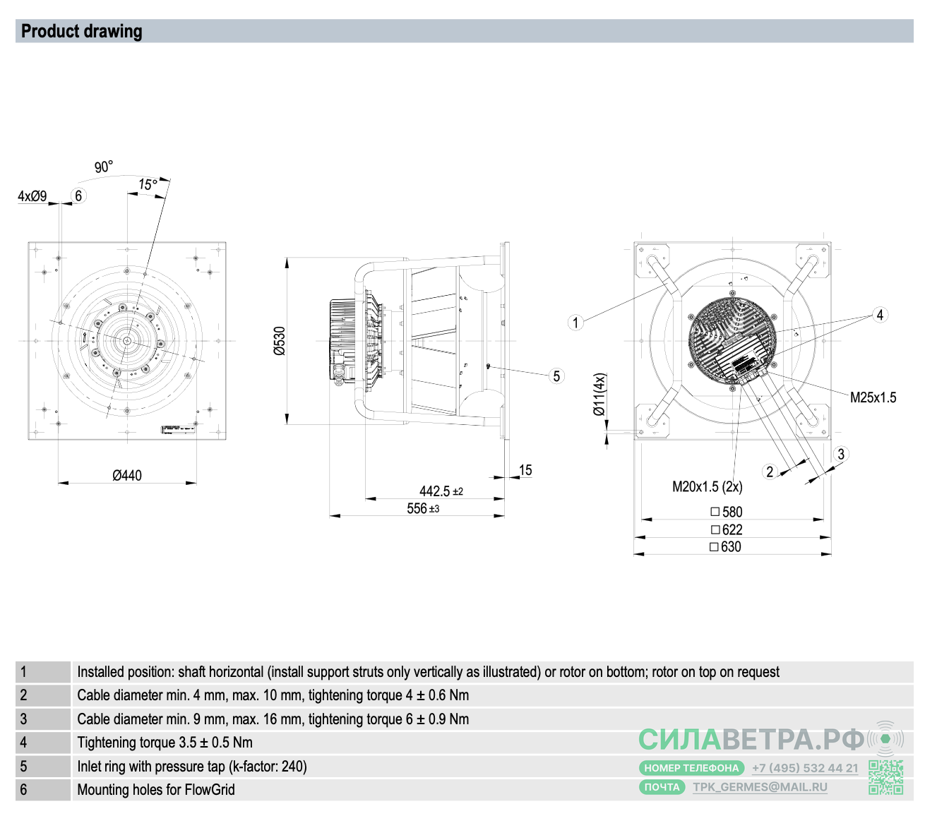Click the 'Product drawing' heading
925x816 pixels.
[x=82, y=32]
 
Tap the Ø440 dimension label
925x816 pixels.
[x=127, y=476]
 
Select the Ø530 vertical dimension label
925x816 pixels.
[x=280, y=340]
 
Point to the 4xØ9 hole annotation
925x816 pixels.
[x=32, y=196]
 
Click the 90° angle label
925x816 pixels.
[x=104, y=167]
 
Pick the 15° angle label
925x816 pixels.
[x=148, y=184]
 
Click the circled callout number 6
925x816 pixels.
[x=78, y=196]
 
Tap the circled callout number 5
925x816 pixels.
[x=556, y=376]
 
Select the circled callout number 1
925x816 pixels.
[x=575, y=323]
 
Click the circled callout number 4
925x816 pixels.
[x=880, y=315]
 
